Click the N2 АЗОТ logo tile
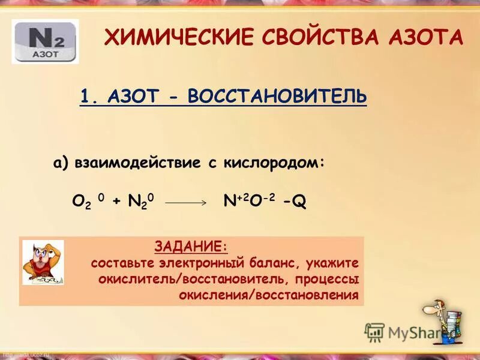45,41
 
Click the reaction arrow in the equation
185,203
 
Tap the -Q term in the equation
295,202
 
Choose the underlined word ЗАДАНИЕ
191,246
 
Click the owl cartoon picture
43,263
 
